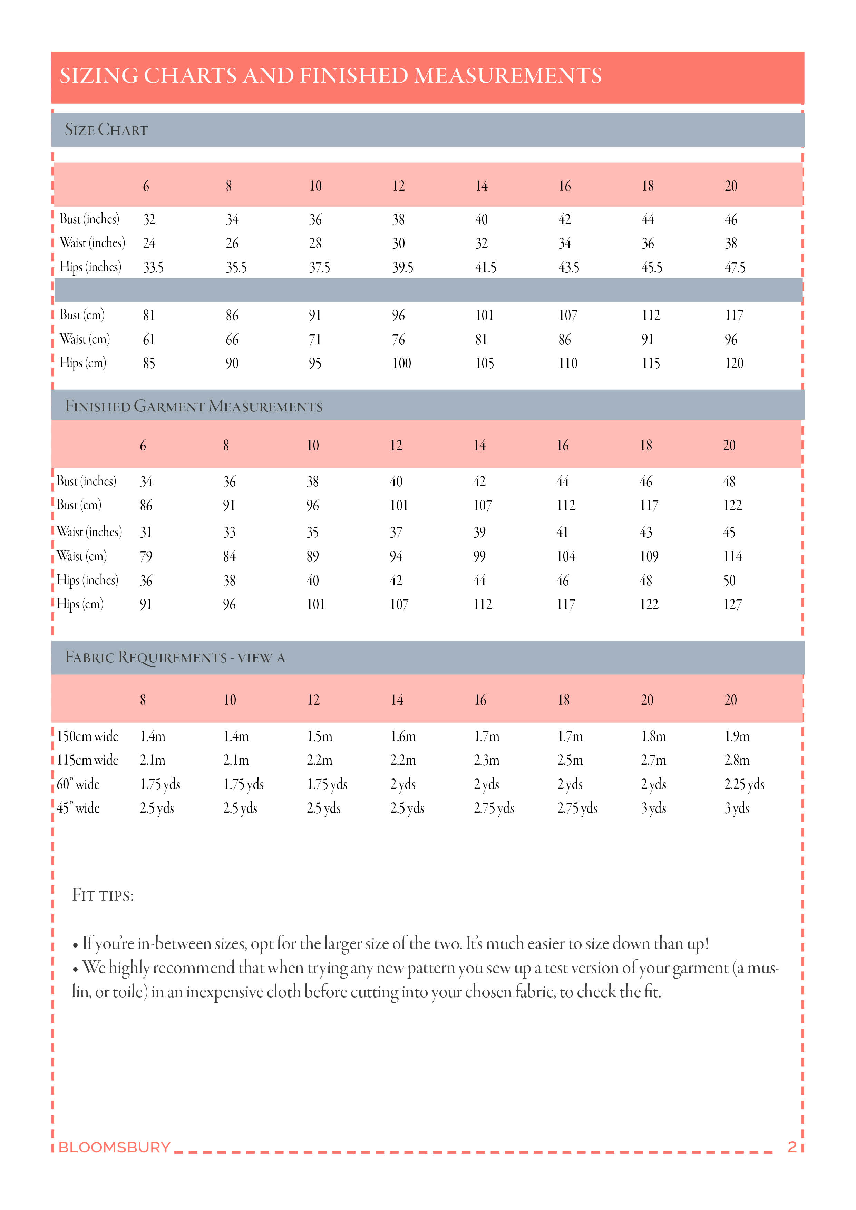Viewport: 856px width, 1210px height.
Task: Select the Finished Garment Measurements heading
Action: pyautogui.click(x=194, y=406)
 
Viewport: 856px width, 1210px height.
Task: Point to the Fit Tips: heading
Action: pyautogui.click(x=103, y=895)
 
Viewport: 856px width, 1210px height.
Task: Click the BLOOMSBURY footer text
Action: pyautogui.click(x=115, y=1147)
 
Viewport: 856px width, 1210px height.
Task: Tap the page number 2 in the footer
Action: pyautogui.click(x=792, y=1147)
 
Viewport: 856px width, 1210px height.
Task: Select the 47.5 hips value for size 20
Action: pyautogui.click(x=735, y=268)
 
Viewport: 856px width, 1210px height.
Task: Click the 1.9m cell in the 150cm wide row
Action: pyautogui.click(x=737, y=736)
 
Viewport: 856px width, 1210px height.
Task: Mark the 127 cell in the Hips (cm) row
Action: pyautogui.click(x=732, y=604)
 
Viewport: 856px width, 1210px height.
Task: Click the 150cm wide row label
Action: pyautogui.click(x=88, y=736)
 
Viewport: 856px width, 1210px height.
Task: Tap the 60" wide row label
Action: pyautogui.click(x=78, y=784)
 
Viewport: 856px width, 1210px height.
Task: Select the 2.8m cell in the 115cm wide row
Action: pyautogui.click(x=737, y=760)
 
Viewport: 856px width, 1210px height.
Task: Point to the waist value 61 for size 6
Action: pyautogui.click(x=149, y=339)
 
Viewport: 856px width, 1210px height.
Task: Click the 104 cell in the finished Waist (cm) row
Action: pyautogui.click(x=566, y=556)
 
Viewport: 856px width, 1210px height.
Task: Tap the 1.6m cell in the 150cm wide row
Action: pyautogui.click(x=403, y=736)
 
